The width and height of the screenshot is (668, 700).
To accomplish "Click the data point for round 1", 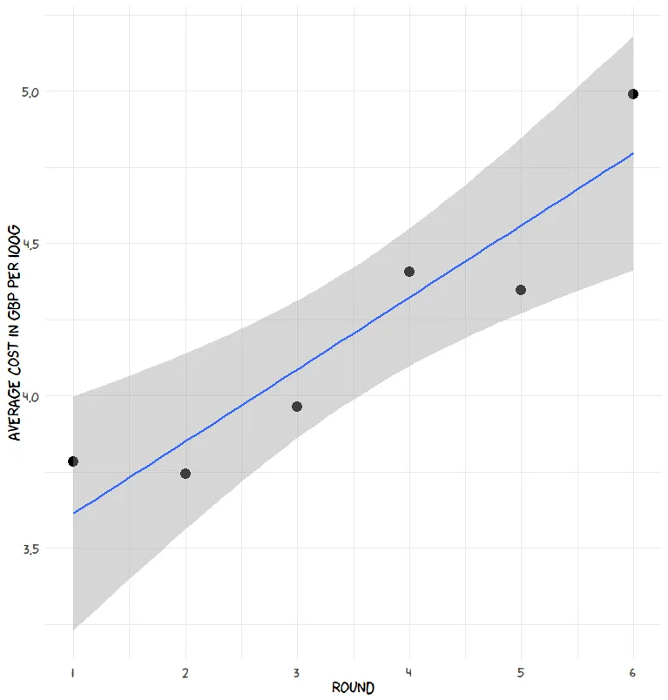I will point(73,461).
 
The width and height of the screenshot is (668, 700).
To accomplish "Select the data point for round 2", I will point(186,474).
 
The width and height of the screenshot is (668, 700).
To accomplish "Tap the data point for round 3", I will point(297,407).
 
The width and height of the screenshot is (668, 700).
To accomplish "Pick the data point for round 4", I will point(409,272).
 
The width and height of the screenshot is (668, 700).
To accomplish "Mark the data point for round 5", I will point(521,290).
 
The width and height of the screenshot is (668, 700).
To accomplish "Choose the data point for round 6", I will point(633,94).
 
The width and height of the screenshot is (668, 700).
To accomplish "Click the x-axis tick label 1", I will point(73,672).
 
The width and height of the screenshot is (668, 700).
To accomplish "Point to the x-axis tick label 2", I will point(186,672).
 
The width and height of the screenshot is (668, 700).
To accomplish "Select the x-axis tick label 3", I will point(297,672).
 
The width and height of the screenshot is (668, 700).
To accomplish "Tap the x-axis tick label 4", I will point(409,672).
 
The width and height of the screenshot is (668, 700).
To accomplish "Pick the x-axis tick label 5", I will point(521,672).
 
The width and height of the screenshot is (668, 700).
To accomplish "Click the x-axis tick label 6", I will point(633,672).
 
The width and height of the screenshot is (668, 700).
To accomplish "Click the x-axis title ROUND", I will point(353,688).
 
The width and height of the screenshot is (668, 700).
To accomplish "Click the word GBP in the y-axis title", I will point(14,294).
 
